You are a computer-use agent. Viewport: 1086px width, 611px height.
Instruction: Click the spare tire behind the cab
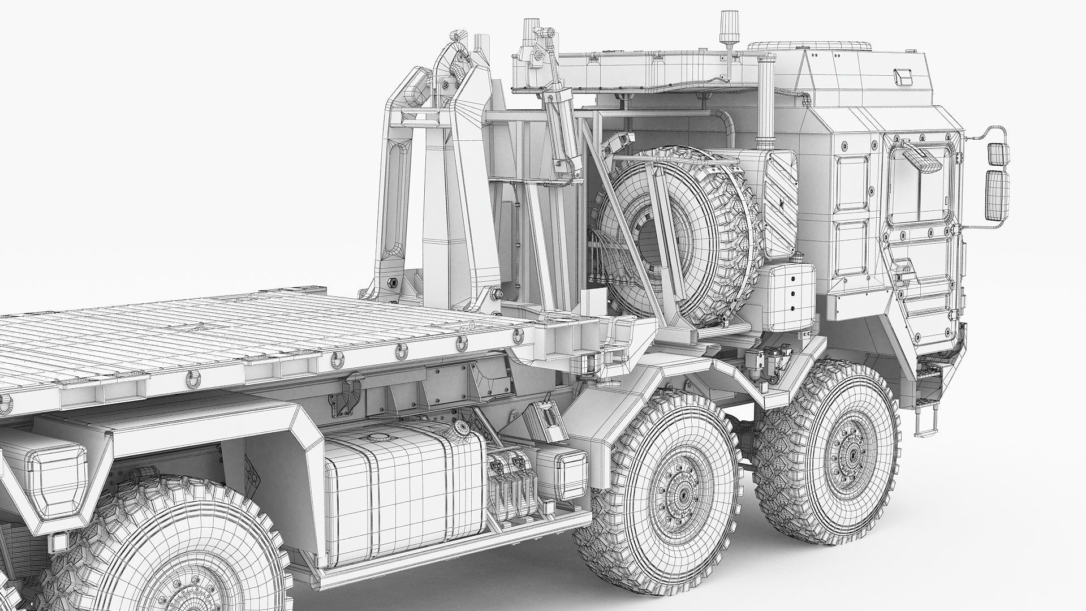676,238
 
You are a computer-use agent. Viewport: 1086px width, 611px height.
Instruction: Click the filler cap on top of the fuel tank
375,437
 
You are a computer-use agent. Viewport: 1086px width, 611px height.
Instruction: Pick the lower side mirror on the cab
997,195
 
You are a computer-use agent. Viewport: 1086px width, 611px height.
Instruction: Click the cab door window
916,184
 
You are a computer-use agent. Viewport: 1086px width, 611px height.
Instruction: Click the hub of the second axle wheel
680,496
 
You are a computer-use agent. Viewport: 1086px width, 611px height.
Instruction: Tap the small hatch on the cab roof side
902,75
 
